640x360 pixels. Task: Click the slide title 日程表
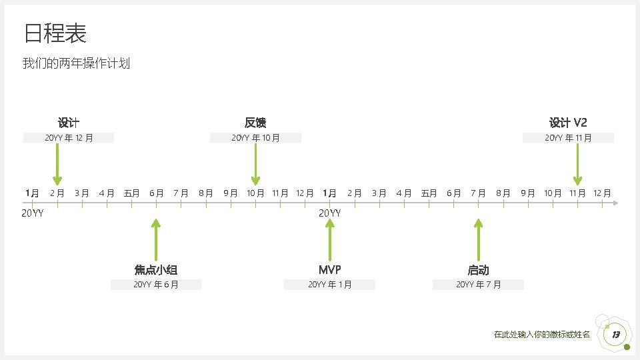tap(55, 33)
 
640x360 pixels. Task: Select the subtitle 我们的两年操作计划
tap(76, 64)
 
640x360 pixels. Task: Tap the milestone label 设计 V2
tap(568, 123)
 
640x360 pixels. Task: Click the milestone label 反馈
tap(255, 123)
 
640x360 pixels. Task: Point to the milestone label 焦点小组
tap(155, 270)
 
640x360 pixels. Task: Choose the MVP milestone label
tap(329, 270)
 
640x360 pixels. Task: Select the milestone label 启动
tap(478, 270)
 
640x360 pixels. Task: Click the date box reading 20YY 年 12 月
tap(69, 138)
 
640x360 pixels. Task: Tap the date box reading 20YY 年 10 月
tap(255, 138)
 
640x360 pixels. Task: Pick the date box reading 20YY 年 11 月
tap(568, 138)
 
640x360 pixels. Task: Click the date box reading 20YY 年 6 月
tap(155, 285)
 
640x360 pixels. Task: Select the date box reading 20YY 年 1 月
tap(329, 285)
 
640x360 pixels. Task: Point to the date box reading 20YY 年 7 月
tap(478, 285)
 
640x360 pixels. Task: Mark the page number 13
tap(616, 334)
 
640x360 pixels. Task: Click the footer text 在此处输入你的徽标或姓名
tap(541, 335)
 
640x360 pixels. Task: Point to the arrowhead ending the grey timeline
tap(615, 202)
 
